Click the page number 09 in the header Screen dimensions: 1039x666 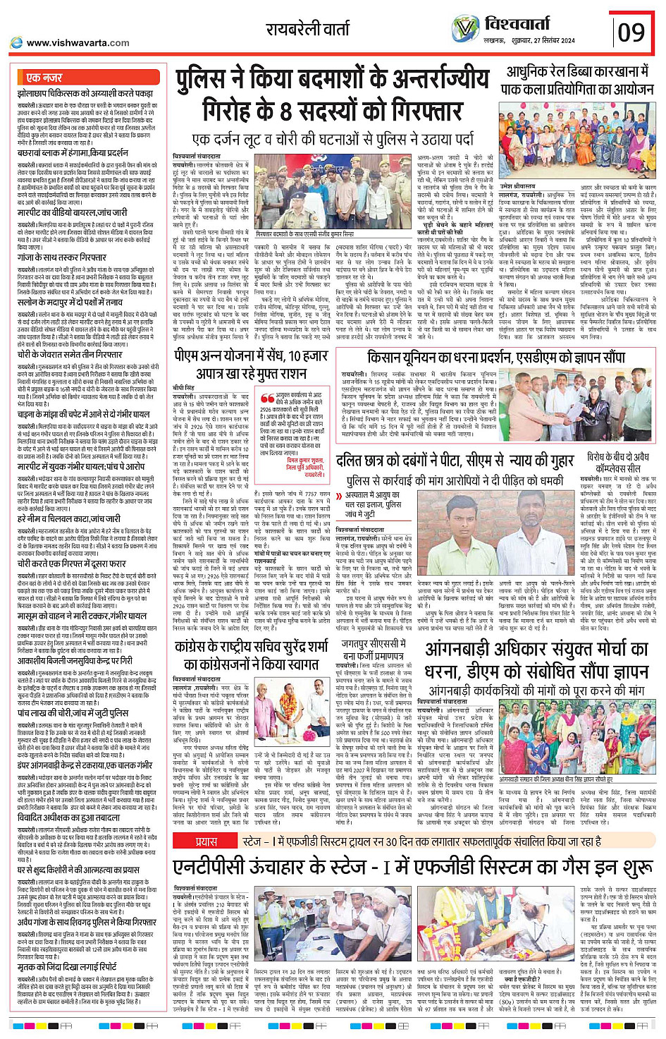(631, 32)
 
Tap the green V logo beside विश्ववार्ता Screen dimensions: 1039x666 (465, 29)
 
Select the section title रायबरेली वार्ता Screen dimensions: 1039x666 (307, 30)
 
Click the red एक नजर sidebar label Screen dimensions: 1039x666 (44, 77)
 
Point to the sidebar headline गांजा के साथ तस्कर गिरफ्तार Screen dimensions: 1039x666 (62, 257)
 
